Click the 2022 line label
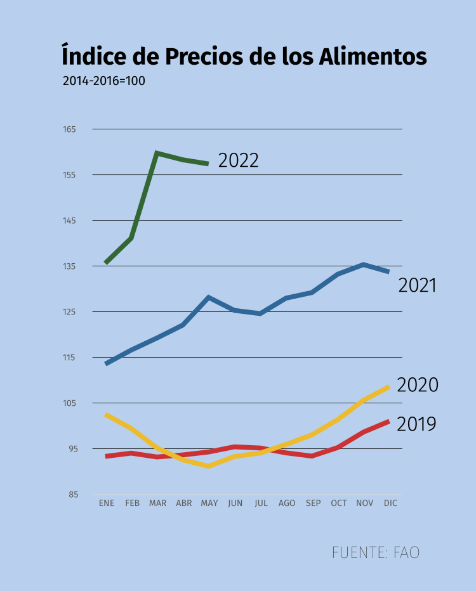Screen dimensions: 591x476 pyautogui.click(x=238, y=160)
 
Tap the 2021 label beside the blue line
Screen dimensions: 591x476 pyautogui.click(x=418, y=285)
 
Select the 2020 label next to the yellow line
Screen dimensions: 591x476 pyautogui.click(x=418, y=385)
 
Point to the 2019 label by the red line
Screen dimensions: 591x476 pyautogui.click(x=416, y=424)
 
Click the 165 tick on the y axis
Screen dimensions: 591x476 pyautogui.click(x=69, y=129)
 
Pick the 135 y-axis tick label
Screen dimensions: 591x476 pyautogui.click(x=69, y=266)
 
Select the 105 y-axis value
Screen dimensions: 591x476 pyautogui.click(x=69, y=403)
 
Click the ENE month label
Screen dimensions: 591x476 pyautogui.click(x=107, y=503)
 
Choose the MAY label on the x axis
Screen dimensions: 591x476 pyautogui.click(x=209, y=503)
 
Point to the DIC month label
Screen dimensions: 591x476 pyautogui.click(x=391, y=503)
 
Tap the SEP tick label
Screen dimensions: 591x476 pyautogui.click(x=313, y=503)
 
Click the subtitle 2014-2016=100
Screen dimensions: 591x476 pyautogui.click(x=104, y=81)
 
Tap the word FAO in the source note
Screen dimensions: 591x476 pyautogui.click(x=406, y=552)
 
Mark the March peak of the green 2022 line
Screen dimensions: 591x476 pyautogui.click(x=156, y=153)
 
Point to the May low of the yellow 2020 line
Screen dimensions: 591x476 pyautogui.click(x=209, y=466)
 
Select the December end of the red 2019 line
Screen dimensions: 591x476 pyautogui.click(x=388, y=422)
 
